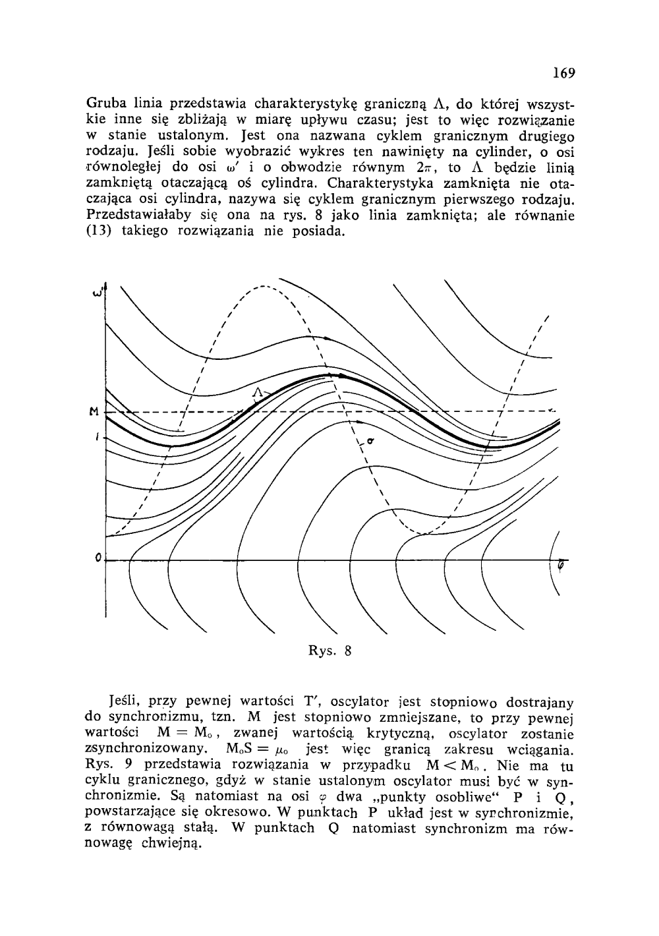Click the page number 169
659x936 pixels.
tap(564, 73)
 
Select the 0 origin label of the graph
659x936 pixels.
tap(97, 559)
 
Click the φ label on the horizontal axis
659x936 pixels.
tap(561, 564)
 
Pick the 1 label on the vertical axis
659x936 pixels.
tap(96, 436)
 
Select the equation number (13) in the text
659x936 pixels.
tap(98, 232)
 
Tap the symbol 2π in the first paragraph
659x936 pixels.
tap(420, 168)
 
